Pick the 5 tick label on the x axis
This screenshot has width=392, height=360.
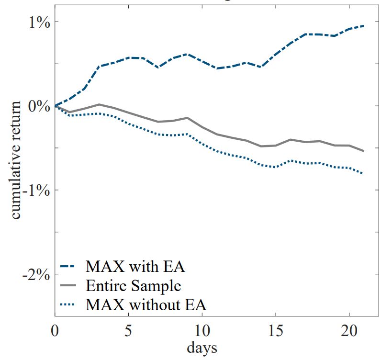[128, 331]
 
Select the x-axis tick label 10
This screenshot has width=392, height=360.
[202, 331]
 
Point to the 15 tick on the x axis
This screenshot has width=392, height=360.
[275, 331]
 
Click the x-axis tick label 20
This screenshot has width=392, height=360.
[349, 331]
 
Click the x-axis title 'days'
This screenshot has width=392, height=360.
[202, 348]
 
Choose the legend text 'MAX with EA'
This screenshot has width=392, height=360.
[135, 266]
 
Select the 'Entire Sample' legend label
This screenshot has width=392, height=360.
[134, 286]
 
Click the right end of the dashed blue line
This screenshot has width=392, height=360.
[364, 26]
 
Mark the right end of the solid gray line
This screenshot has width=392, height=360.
[364, 151]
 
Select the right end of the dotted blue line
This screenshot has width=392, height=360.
[364, 173]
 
